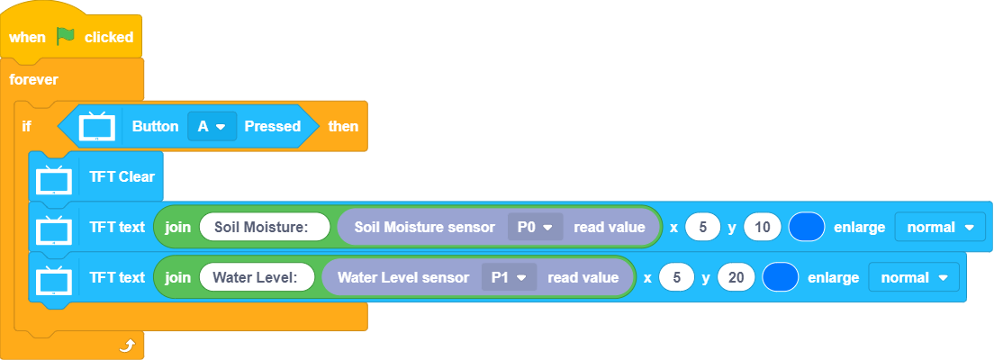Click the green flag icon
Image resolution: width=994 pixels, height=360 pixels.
pos(66,37)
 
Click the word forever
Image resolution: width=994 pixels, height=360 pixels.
pos(33,79)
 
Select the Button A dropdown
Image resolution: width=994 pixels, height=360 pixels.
pos(212,126)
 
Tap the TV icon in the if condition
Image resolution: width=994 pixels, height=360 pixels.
pos(96,126)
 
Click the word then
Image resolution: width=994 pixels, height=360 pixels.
pos(342,126)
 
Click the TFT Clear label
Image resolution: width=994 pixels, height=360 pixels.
pos(122,176)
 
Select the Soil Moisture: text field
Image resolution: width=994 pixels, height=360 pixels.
pos(259,227)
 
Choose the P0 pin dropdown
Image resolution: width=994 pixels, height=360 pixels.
pos(535,227)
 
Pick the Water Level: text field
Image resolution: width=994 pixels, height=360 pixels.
pos(255,277)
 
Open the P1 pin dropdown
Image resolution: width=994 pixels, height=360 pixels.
pos(509,277)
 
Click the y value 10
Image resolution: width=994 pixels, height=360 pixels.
pos(762,227)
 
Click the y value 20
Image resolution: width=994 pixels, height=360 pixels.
pos(736,277)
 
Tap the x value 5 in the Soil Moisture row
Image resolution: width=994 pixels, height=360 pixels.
pos(702,227)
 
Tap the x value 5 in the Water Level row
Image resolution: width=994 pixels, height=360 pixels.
pos(676,277)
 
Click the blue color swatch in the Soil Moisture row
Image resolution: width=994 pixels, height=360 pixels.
pos(807,227)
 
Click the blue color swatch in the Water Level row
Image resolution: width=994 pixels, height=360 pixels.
pos(781,277)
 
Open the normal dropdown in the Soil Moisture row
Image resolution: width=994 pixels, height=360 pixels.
pos(940,227)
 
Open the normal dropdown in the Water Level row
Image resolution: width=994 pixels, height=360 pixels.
pos(914,277)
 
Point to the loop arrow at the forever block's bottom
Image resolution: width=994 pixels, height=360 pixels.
pos(127,345)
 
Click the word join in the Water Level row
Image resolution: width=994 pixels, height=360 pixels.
pos(177,277)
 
